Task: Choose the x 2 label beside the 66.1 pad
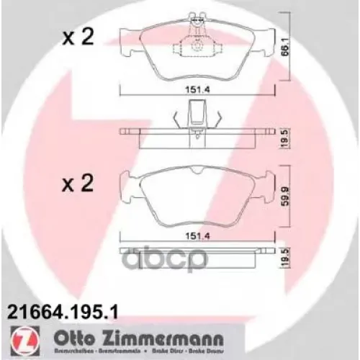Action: coord(79,38)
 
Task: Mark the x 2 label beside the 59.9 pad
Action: coord(79,186)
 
